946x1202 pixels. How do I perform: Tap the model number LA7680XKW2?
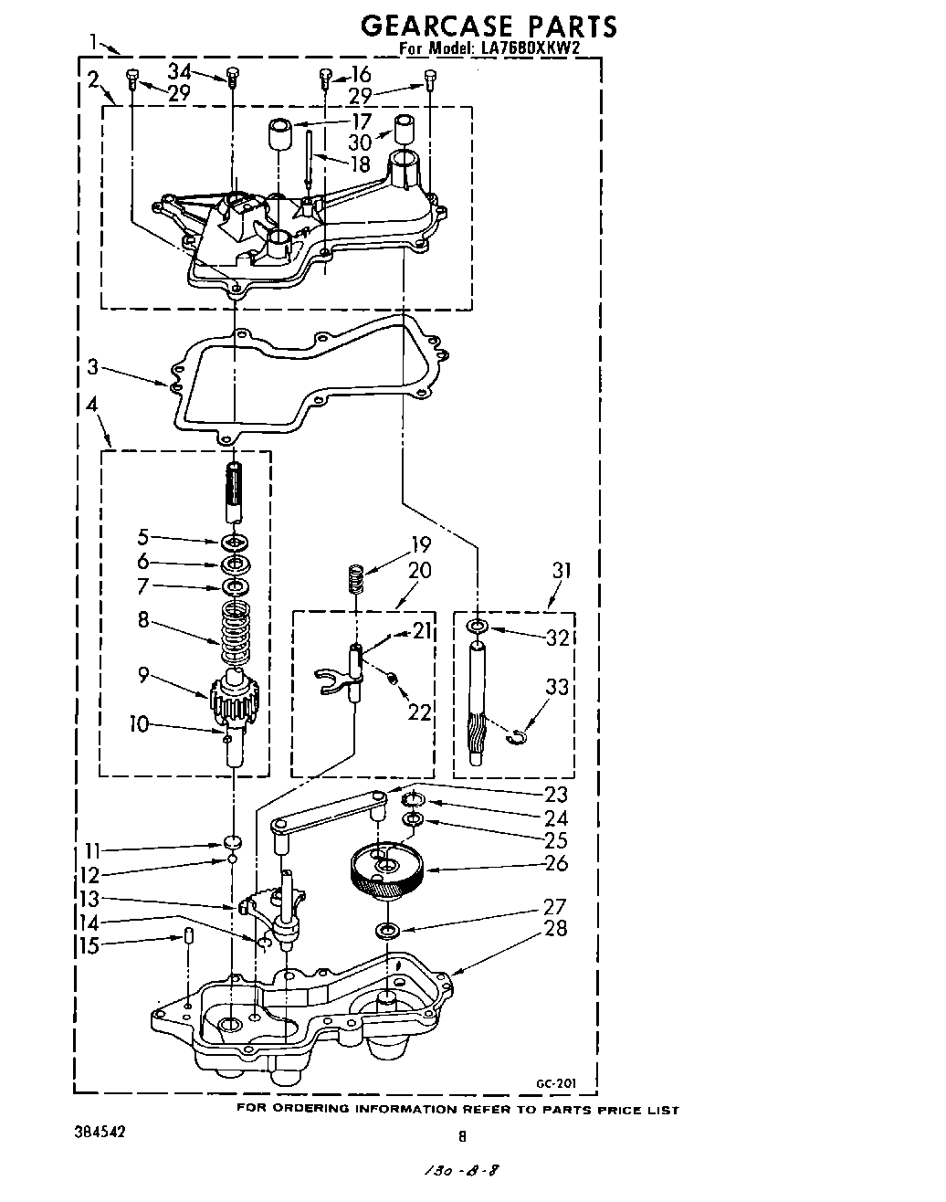(528, 50)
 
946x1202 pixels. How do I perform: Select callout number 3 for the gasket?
(92, 368)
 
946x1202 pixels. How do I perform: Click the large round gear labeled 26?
(388, 871)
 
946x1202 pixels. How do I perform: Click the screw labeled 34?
(231, 77)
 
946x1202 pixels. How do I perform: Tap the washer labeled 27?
(387, 931)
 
